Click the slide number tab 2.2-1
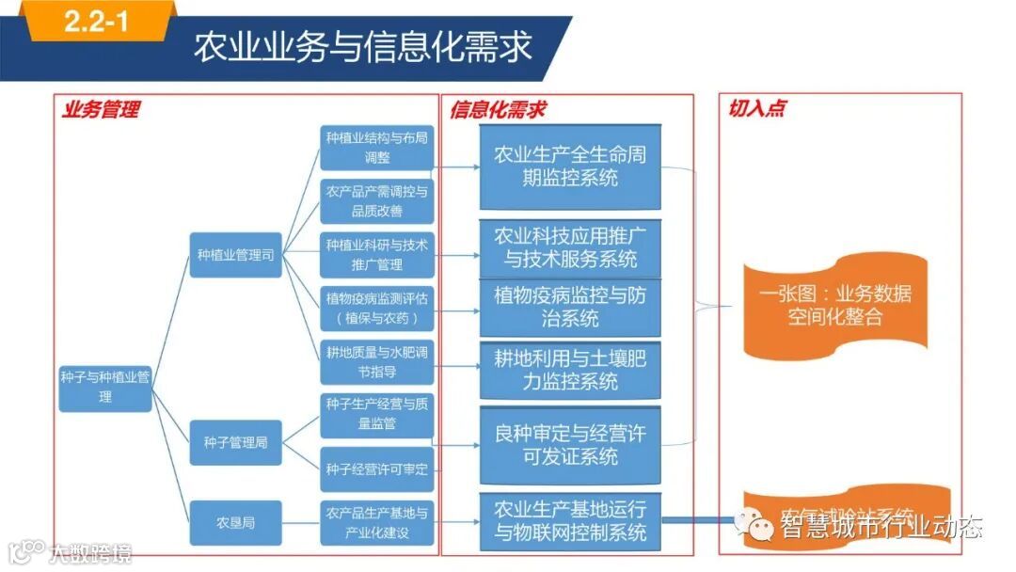click(97, 23)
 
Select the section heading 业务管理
click(101, 109)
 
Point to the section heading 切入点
click(756, 109)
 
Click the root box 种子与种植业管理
click(105, 387)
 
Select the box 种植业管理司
click(236, 254)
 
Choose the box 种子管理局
click(236, 442)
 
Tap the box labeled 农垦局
click(236, 522)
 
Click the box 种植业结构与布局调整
click(376, 147)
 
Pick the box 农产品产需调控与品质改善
click(376, 201)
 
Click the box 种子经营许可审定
click(376, 469)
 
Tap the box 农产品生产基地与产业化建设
click(376, 523)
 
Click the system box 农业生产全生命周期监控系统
click(570, 166)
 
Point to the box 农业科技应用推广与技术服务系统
click(570, 247)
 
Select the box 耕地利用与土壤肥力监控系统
click(570, 369)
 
